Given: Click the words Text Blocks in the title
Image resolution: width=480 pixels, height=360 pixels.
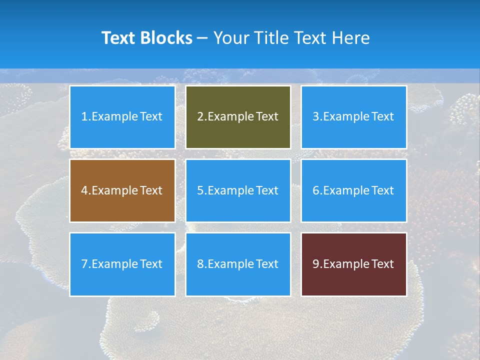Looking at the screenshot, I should (x=146, y=38).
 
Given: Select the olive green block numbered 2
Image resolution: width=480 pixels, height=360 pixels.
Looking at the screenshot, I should (x=238, y=117).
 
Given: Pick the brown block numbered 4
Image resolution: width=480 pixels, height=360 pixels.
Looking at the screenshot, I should (x=122, y=190).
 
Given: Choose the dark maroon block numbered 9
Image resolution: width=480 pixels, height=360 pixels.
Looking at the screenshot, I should (x=353, y=264).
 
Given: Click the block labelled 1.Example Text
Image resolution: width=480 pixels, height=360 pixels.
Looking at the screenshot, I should (x=122, y=117).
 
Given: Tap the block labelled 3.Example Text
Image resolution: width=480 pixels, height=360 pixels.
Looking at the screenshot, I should (x=353, y=117).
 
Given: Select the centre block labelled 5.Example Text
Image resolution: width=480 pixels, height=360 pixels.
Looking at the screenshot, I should (x=238, y=190).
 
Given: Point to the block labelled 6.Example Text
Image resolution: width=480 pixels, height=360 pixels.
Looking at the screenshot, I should (x=353, y=190).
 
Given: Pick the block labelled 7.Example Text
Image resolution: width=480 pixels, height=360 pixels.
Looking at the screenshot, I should (x=122, y=264).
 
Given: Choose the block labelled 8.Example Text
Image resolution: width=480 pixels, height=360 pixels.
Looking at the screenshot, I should (x=238, y=264).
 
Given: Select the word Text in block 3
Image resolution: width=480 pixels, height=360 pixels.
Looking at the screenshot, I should (x=382, y=117).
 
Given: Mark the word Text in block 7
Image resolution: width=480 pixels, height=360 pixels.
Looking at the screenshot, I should (x=151, y=264).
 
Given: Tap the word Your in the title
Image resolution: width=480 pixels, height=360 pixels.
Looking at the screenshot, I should (x=230, y=38).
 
